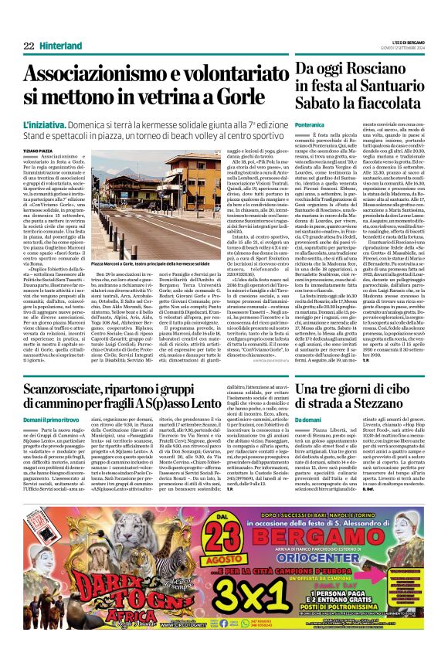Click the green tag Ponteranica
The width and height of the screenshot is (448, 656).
click(310, 124)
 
